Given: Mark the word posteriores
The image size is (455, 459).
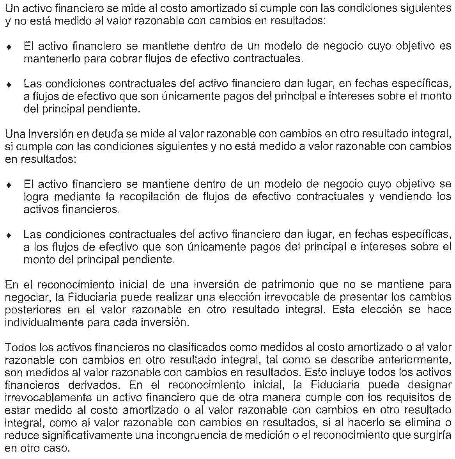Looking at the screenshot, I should point(33,310).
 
